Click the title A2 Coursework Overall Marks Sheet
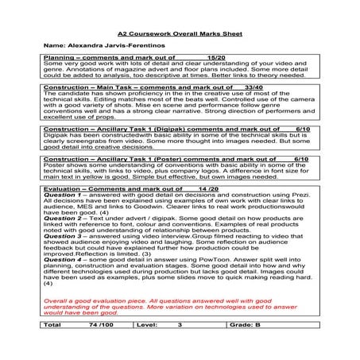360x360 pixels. [179, 36]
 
